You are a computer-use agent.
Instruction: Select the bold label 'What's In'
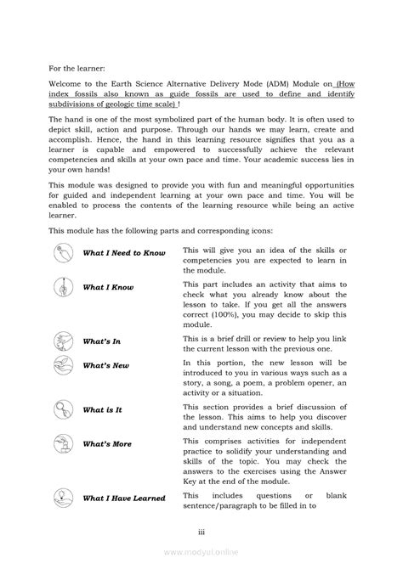click(101, 341)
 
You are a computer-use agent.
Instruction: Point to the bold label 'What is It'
click(102, 409)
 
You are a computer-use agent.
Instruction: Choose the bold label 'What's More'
click(106, 443)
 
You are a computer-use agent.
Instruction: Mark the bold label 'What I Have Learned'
click(124, 499)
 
